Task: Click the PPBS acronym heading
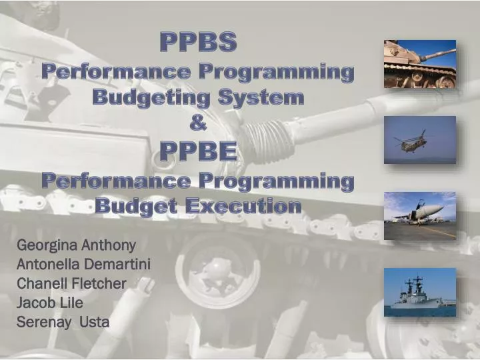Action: (198, 43)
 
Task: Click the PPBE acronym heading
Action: (198, 152)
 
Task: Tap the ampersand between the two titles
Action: (198, 125)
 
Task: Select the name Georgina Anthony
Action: (76, 245)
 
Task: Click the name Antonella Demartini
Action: (83, 264)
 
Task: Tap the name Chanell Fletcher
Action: (71, 283)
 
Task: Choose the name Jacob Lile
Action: (49, 303)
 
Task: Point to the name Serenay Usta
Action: (63, 323)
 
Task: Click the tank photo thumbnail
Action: (420, 64)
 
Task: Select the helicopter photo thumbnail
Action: (420, 140)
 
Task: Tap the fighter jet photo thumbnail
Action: (420, 216)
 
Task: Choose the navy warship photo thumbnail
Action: (420, 292)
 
